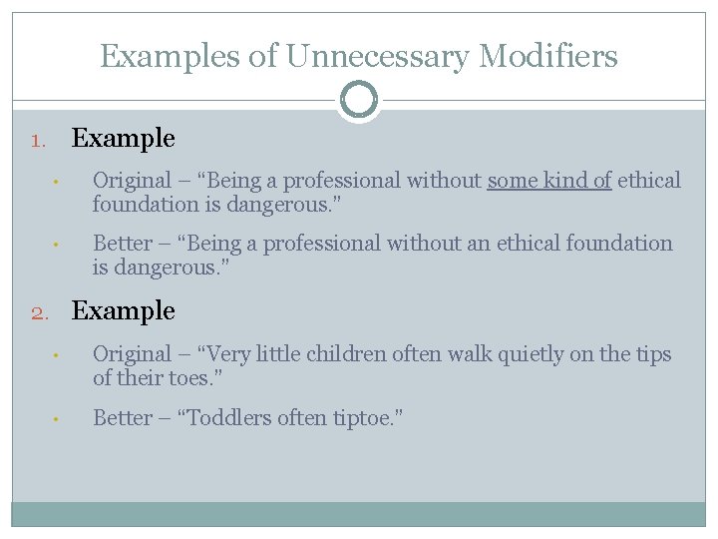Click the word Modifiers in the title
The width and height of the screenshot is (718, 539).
click(x=548, y=56)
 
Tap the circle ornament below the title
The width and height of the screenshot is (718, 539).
click(x=359, y=100)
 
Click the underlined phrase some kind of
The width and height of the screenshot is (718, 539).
click(x=548, y=181)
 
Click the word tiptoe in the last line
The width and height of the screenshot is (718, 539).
click(x=362, y=417)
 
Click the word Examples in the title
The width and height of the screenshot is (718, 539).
click(x=170, y=56)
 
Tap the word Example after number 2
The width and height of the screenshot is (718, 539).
click(x=123, y=311)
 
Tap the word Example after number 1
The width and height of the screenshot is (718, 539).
click(x=123, y=139)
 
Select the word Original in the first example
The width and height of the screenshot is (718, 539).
click(x=132, y=181)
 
